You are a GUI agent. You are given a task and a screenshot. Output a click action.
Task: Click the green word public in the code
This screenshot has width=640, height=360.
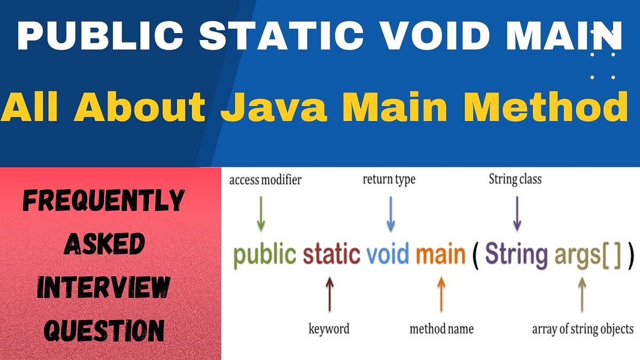(x=265, y=254)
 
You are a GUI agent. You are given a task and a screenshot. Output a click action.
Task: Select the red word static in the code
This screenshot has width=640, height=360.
(x=331, y=254)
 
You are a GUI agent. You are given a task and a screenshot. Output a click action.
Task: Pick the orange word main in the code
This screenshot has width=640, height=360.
(x=441, y=254)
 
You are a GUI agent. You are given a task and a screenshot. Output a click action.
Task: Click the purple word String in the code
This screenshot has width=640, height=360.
(x=516, y=254)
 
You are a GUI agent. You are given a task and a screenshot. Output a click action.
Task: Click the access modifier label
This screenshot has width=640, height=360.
(x=265, y=180)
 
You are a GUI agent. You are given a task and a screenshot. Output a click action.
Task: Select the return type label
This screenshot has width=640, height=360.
(x=389, y=180)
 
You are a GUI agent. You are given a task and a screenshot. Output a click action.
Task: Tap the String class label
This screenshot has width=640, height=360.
(x=515, y=180)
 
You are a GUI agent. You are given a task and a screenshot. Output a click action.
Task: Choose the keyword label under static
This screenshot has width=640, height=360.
(x=329, y=328)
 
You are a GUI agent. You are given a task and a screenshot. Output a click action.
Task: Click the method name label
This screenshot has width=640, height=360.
(x=441, y=328)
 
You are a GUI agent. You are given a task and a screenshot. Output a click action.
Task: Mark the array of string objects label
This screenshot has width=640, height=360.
(x=583, y=329)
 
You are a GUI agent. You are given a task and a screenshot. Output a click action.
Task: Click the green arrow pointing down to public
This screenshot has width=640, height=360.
(x=261, y=213)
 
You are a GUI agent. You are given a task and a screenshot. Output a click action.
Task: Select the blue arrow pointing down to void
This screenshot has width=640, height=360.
(x=390, y=213)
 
